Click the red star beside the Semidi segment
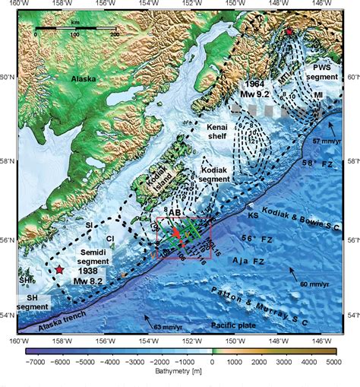point(59,269)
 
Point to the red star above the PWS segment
point(289,32)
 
